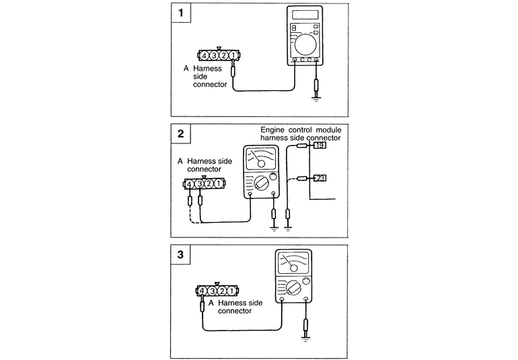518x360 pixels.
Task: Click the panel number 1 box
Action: click(180, 13)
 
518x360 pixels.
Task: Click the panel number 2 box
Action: click(180, 133)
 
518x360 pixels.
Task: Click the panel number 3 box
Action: click(180, 255)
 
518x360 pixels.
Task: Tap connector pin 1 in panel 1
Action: click(232, 55)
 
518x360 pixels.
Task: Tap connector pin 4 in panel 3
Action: click(202, 291)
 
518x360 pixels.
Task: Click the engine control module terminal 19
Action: click(320, 145)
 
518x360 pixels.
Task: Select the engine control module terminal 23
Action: click(320, 178)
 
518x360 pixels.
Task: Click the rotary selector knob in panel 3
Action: click(294, 288)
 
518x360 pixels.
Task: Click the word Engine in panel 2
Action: click(274, 129)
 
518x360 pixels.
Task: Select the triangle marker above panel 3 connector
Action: click(217, 284)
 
